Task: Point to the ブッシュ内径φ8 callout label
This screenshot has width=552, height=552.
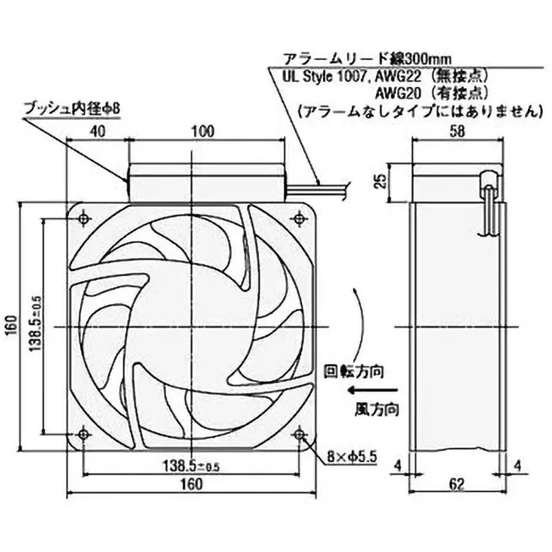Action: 67,108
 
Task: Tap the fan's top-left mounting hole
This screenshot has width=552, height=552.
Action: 83,219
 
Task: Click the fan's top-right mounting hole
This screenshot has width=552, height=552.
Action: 299,219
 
